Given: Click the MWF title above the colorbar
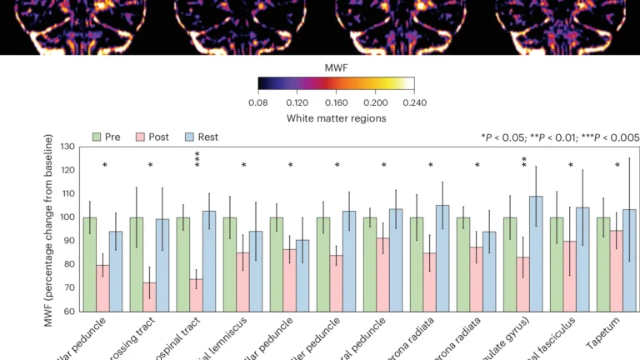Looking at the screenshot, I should click(x=336, y=64).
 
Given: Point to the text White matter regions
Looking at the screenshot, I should click(x=336, y=118).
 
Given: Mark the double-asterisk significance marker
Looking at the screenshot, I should click(x=524, y=162).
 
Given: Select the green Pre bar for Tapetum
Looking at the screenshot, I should click(x=598, y=264).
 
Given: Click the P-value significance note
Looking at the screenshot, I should click(x=559, y=136).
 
